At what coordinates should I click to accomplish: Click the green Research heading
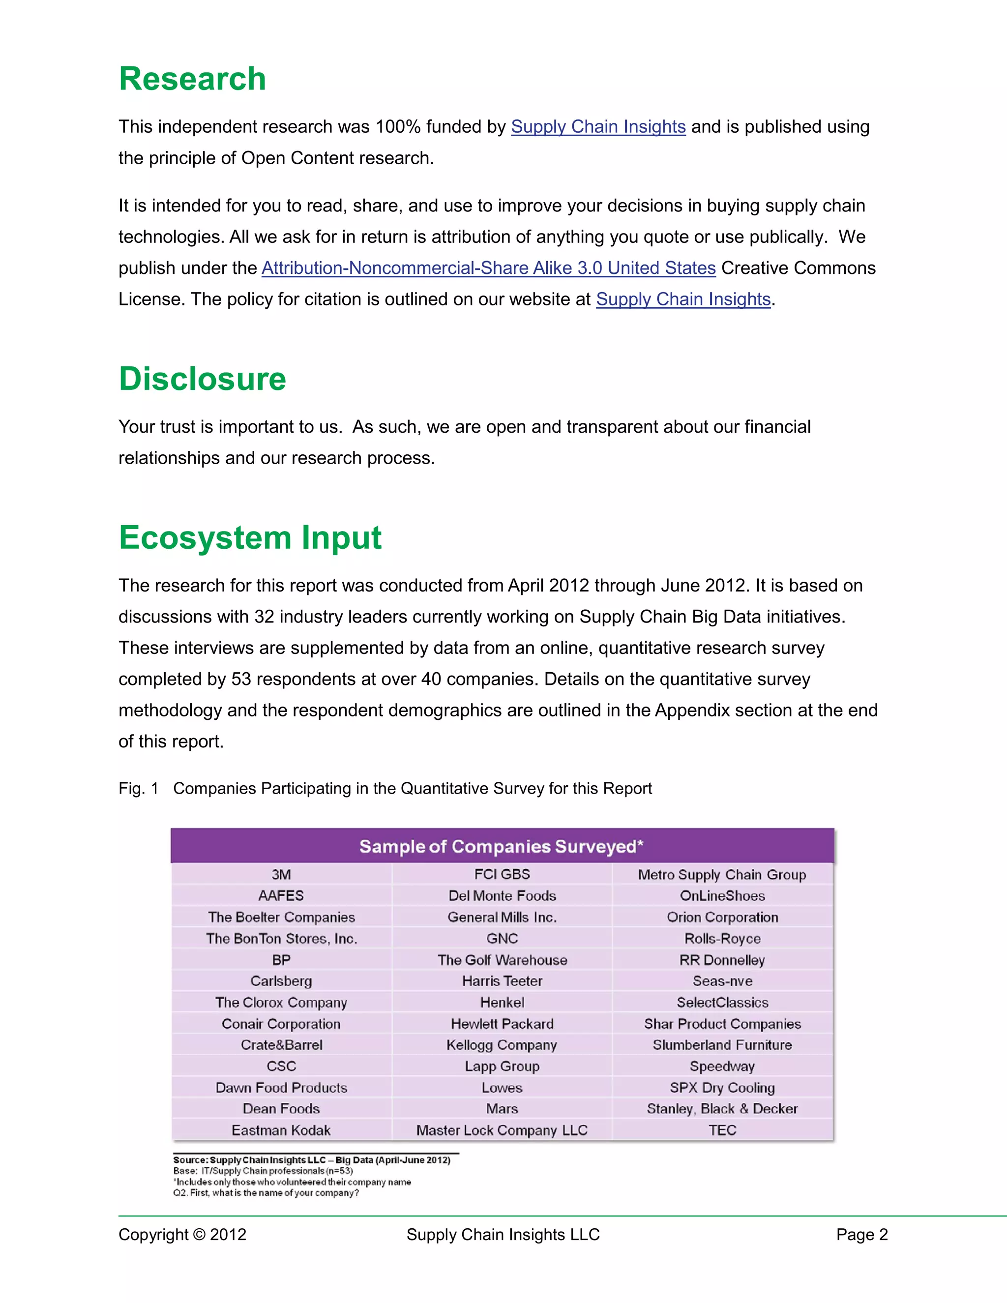[192, 79]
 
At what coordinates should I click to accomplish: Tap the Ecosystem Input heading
[250, 537]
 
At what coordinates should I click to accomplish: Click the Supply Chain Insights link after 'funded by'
[598, 126]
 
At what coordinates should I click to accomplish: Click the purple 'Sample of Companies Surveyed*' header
[501, 846]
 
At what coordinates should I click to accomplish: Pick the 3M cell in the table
[281, 875]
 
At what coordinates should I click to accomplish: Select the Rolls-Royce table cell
[722, 939]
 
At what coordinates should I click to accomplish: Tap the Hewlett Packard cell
[502, 1024]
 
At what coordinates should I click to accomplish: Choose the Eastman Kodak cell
[281, 1130]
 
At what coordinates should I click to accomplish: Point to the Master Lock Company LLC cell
[502, 1130]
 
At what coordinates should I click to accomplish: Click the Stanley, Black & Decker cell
[722, 1108]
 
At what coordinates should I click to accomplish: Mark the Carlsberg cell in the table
[281, 981]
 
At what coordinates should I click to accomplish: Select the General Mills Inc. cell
[502, 917]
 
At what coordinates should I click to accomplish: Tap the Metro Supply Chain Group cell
[722, 875]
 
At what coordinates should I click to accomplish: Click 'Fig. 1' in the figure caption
[138, 788]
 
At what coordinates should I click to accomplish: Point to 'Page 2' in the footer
[861, 1234]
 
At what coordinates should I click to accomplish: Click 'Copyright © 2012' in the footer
[182, 1234]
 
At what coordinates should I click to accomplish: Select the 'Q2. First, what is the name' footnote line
[266, 1193]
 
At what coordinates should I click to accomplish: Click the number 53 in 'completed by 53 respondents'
[241, 679]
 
